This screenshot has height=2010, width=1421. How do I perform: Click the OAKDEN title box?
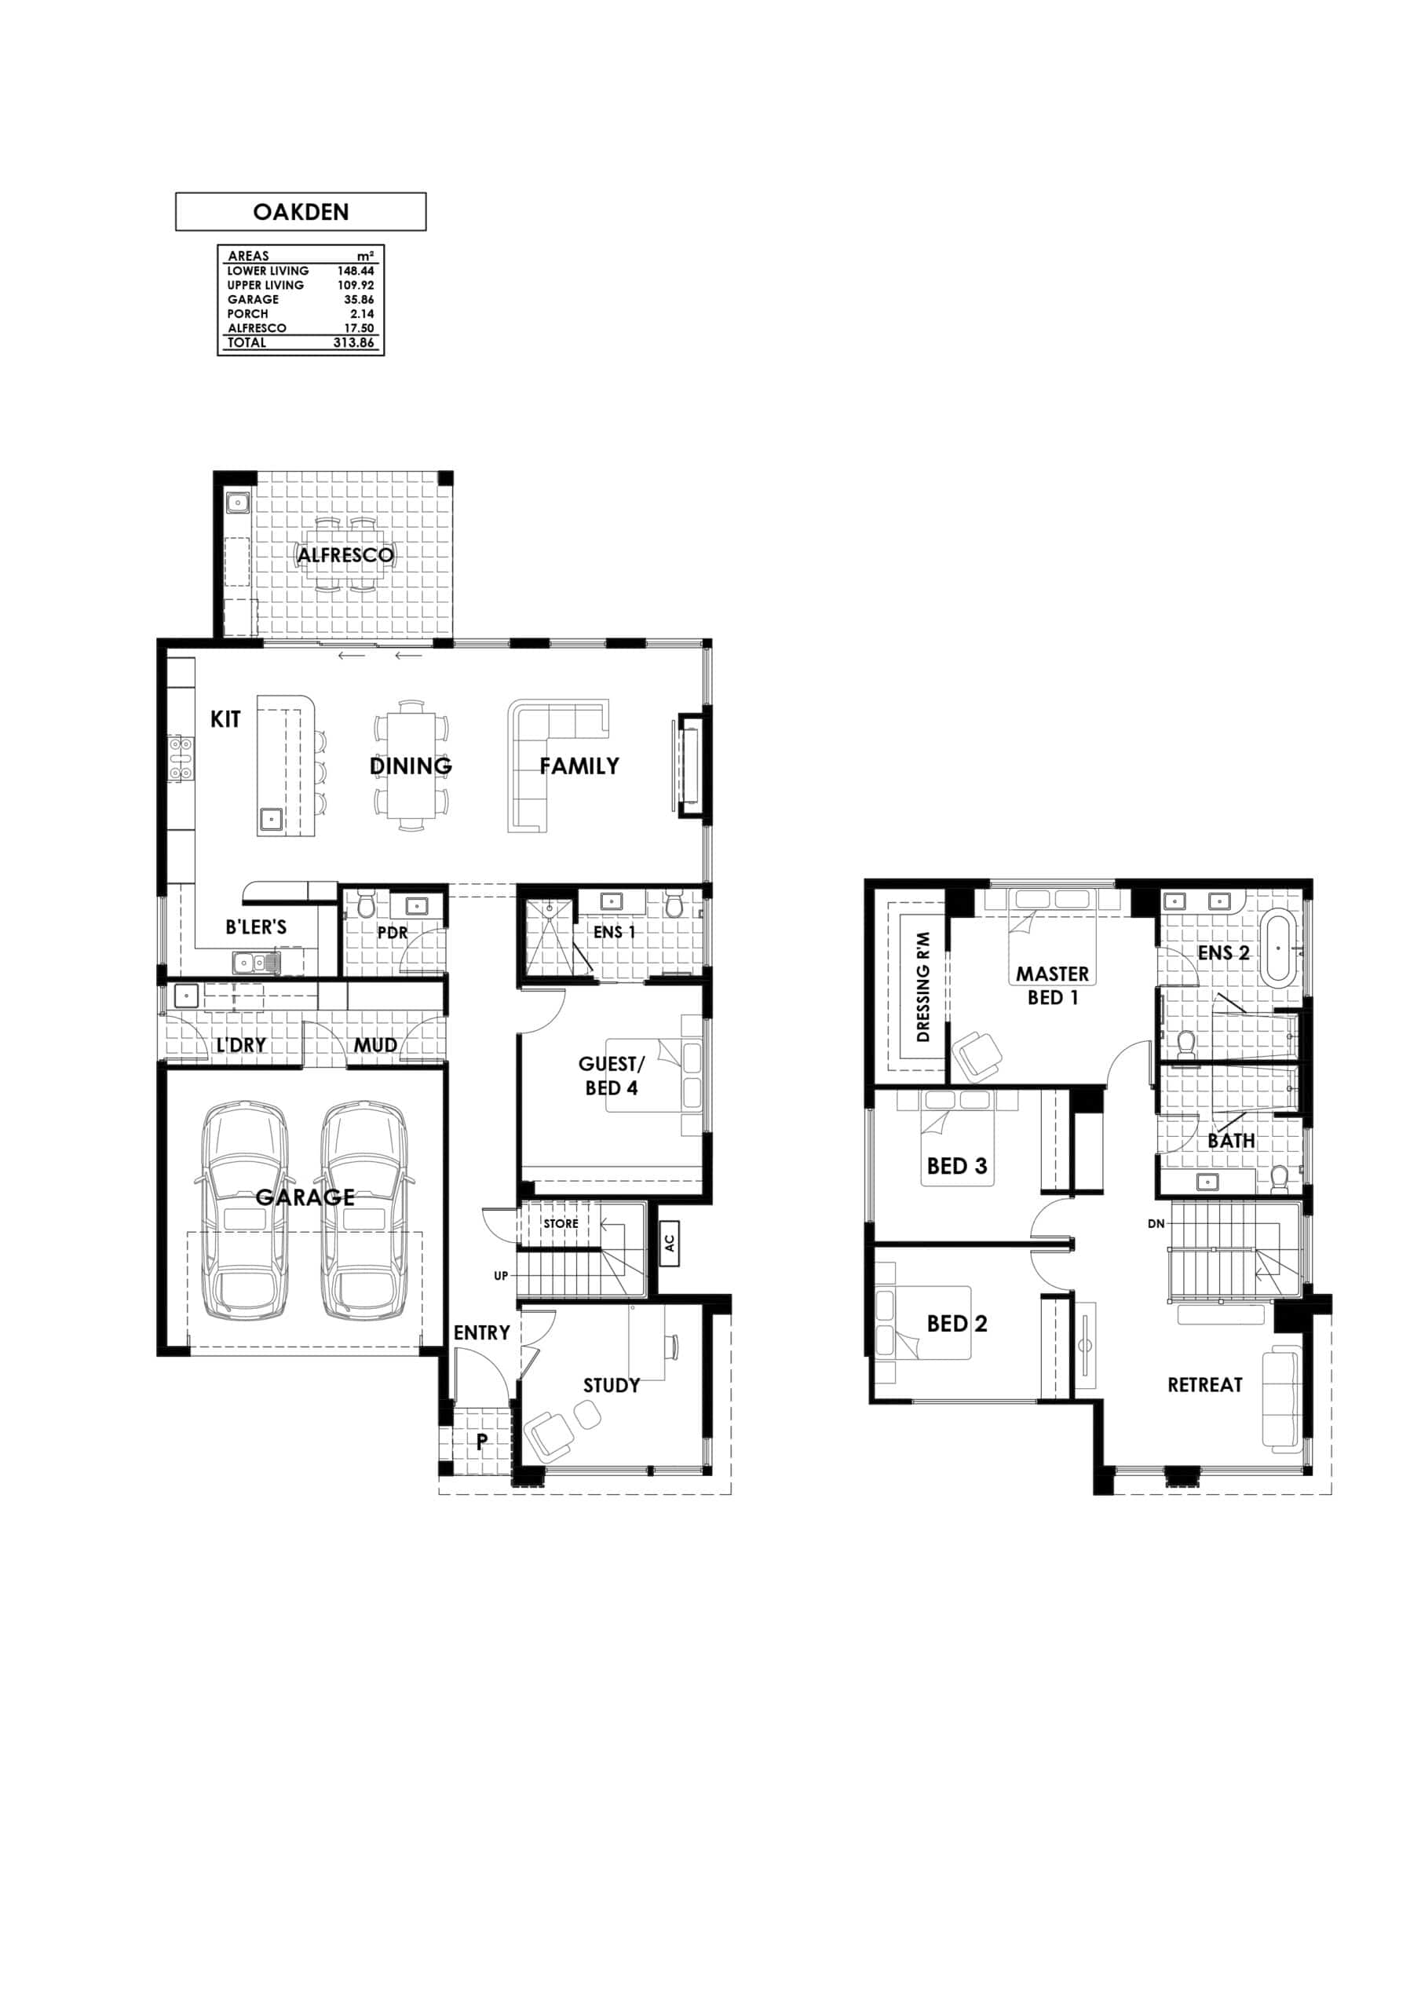pos(301,212)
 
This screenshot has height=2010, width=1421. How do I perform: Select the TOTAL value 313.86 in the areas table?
pos(354,342)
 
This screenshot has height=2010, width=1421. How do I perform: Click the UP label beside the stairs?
pos(501,1276)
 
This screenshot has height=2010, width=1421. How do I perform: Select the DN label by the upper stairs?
pos(1156,1224)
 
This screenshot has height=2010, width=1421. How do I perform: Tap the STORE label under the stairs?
pos(561,1223)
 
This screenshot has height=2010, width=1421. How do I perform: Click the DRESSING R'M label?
pos(922,987)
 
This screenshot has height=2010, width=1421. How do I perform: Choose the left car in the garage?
pos(244,1211)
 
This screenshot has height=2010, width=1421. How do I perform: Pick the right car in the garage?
pos(364,1211)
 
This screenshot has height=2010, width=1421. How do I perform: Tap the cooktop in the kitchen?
pos(181,759)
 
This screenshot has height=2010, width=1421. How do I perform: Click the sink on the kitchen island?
pos(271,820)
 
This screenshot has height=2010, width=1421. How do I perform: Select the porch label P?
pos(481,1442)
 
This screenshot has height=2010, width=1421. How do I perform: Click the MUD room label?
pos(375,1045)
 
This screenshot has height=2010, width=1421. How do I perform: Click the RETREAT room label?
pos(1205,1385)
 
